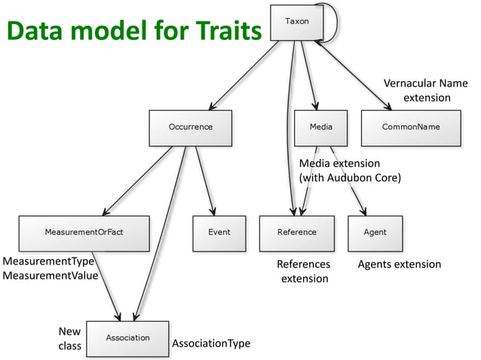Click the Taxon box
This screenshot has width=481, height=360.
(296, 22)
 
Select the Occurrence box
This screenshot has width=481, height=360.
(190, 127)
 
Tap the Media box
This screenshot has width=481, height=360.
(320, 127)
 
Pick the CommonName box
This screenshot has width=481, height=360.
(411, 127)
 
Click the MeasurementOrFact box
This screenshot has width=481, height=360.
(84, 233)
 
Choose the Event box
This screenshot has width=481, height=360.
(219, 233)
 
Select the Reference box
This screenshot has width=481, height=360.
(296, 233)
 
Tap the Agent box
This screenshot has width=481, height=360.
(375, 233)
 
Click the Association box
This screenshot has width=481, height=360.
(127, 338)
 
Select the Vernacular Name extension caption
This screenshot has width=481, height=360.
(427, 90)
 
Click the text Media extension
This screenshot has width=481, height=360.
(339, 163)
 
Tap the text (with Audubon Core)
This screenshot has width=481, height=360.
(349, 178)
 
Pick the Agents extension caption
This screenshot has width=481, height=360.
(399, 264)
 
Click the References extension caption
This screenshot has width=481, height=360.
(304, 271)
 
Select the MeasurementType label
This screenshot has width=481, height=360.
(47, 261)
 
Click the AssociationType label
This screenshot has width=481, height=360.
(210, 343)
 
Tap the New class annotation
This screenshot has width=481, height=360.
(69, 339)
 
